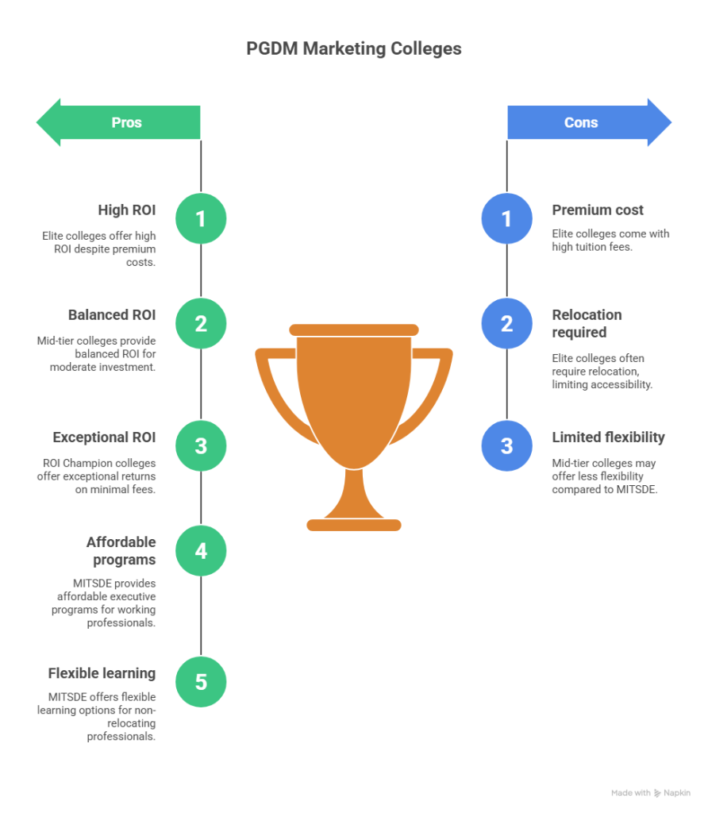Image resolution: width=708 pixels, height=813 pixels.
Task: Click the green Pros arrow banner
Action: click(x=119, y=122)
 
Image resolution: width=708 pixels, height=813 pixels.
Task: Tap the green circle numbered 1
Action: click(x=201, y=218)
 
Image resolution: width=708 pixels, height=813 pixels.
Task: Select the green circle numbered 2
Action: click(x=201, y=323)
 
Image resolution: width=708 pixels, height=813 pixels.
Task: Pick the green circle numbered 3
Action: click(x=201, y=445)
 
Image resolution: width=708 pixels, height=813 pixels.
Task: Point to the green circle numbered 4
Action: click(x=201, y=550)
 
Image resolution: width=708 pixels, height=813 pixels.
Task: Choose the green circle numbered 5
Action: click(x=201, y=681)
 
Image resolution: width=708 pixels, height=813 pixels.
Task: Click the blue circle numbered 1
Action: click(x=507, y=218)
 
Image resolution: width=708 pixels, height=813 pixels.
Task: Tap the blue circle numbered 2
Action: click(x=507, y=323)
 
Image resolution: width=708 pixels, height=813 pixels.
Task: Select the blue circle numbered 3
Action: click(x=507, y=445)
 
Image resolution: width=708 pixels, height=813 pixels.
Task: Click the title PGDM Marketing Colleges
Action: click(x=353, y=48)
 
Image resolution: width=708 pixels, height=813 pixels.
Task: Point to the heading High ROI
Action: click(x=126, y=210)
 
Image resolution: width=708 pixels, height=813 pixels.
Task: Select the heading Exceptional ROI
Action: click(x=104, y=437)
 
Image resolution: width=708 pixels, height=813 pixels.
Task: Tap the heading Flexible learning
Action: click(x=101, y=673)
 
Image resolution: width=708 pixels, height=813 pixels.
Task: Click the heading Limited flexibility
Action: click(x=608, y=437)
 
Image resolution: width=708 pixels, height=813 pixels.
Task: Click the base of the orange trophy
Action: click(x=354, y=524)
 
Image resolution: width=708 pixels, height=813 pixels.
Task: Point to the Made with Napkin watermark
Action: click(x=650, y=793)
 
